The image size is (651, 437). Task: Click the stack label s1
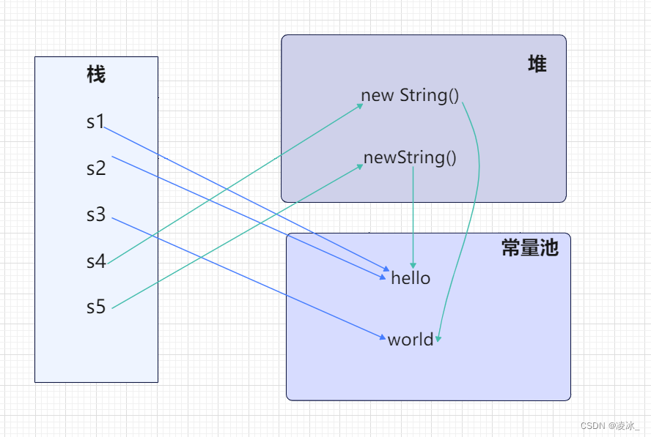[95, 122]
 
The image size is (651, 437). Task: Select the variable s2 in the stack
[96, 168]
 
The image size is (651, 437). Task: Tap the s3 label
[96, 214]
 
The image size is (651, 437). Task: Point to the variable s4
[96, 261]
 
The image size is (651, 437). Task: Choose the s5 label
[96, 307]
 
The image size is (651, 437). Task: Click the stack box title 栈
[96, 75]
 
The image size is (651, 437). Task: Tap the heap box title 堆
[537, 64]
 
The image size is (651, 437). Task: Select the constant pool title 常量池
[530, 247]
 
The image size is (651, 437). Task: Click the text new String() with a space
[410, 95]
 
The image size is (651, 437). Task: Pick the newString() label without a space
[410, 157]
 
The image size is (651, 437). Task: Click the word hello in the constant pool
[411, 277]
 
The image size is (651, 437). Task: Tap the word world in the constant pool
[411, 340]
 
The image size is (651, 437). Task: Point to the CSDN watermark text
[610, 425]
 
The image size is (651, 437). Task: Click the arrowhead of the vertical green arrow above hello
[413, 266]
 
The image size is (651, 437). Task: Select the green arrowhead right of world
[438, 339]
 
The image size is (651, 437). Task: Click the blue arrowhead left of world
[383, 337]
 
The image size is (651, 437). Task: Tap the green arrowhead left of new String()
[361, 105]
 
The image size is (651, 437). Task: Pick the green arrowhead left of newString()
[361, 167]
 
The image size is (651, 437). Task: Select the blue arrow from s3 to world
[249, 278]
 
